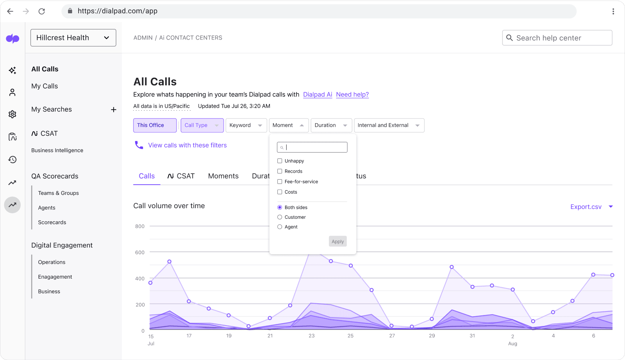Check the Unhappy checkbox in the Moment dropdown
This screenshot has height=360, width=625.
(x=280, y=161)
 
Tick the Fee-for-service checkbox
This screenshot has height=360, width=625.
(x=280, y=182)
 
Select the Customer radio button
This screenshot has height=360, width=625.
(x=280, y=217)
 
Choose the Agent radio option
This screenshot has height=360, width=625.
(x=280, y=227)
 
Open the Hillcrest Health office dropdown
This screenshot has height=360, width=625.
(x=73, y=38)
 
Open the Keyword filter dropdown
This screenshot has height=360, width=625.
(x=246, y=125)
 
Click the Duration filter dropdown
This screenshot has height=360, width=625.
(x=331, y=125)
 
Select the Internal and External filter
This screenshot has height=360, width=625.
(x=388, y=125)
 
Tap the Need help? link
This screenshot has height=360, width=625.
(x=352, y=94)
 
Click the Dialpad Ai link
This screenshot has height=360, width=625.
(x=318, y=94)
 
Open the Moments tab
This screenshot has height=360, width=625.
(x=223, y=176)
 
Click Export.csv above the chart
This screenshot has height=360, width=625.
(x=586, y=207)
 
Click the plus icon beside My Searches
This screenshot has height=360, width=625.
(x=114, y=110)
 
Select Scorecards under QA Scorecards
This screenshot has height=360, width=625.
(x=52, y=222)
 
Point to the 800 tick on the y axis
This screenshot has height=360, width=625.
(x=140, y=226)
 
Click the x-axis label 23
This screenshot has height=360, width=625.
(x=311, y=336)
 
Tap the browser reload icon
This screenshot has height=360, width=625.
(x=42, y=11)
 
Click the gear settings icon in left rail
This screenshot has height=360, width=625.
(x=13, y=114)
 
